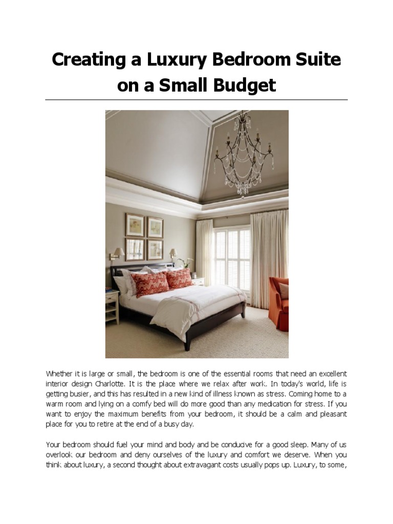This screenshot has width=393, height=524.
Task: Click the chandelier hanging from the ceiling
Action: (x=244, y=154)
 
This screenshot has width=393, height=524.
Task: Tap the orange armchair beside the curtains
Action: (x=279, y=302)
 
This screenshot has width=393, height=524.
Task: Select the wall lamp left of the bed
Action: (x=117, y=253)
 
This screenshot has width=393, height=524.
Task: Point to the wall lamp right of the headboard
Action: (x=173, y=253)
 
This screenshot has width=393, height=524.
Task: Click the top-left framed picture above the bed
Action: (x=135, y=225)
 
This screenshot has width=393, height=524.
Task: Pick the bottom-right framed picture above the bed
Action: (x=155, y=249)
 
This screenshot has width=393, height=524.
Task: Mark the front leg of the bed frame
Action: (x=188, y=341)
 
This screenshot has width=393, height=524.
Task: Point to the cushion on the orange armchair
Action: (x=284, y=291)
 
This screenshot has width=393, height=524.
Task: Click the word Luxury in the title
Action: (x=177, y=60)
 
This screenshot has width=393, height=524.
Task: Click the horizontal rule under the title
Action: (x=196, y=99)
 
